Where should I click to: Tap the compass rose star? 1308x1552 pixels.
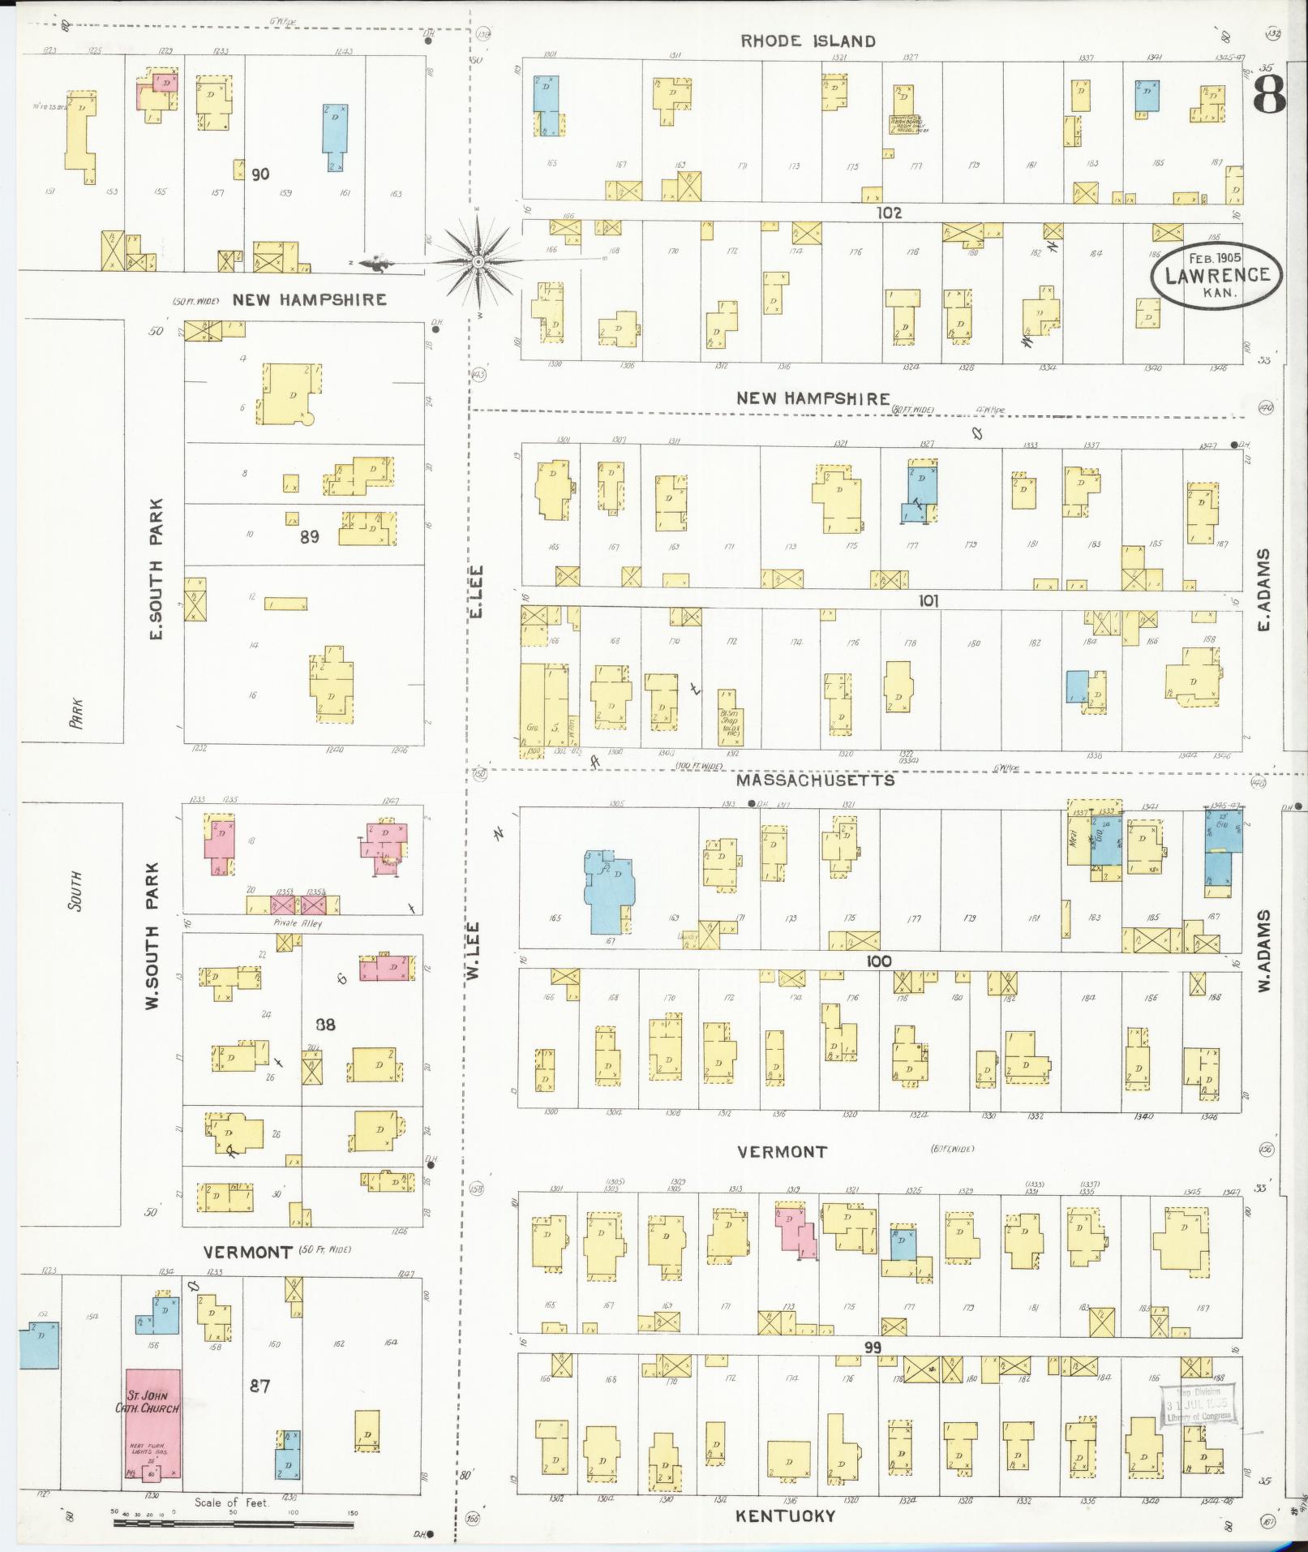(x=478, y=262)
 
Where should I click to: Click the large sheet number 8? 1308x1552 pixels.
(x=1268, y=96)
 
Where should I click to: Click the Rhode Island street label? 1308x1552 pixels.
(x=808, y=41)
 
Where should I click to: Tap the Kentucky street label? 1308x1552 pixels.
(x=785, y=1515)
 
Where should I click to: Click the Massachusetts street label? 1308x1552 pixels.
(x=815, y=780)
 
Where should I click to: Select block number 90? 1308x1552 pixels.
(x=260, y=174)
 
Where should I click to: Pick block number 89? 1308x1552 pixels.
(x=309, y=536)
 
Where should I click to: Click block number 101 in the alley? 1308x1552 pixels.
(x=928, y=601)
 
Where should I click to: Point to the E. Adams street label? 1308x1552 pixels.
(x=1264, y=589)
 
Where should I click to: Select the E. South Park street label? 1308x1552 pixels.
(x=157, y=568)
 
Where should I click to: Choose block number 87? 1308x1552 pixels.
(x=259, y=1386)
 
